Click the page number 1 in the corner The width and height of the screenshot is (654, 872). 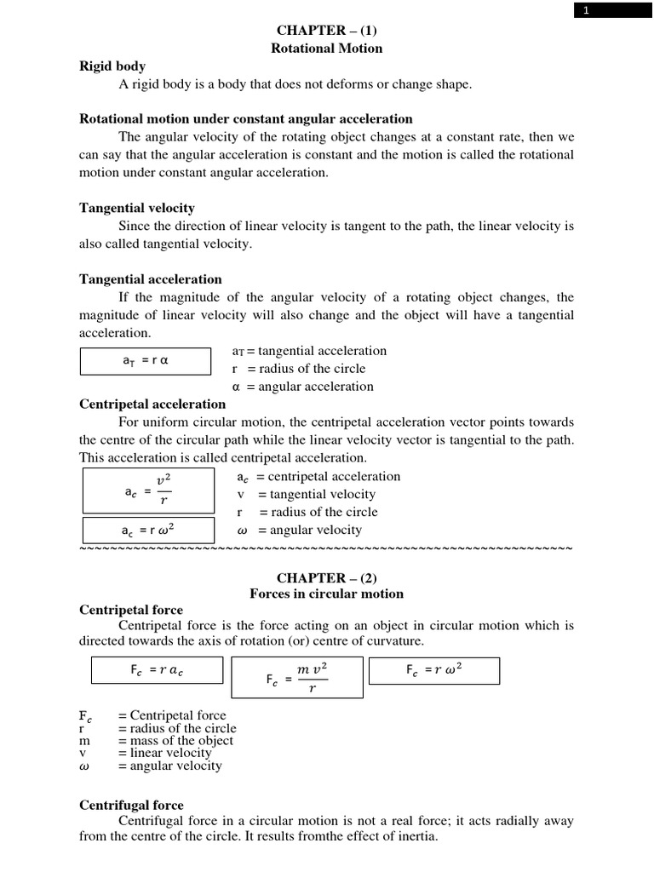click(585, 10)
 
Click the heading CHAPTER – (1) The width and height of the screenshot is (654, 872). click(326, 30)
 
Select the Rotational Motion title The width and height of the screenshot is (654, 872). click(326, 49)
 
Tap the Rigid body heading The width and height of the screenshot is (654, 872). click(112, 66)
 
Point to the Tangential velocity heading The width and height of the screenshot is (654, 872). click(137, 208)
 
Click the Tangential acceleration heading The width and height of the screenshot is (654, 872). click(151, 279)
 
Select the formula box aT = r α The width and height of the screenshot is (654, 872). click(145, 361)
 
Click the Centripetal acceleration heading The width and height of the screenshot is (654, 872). click(152, 404)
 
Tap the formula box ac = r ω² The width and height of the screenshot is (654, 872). click(145, 531)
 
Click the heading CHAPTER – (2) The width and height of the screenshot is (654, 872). click(326, 577)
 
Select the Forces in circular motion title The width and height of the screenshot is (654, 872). click(326, 594)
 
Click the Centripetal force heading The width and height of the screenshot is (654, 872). click(131, 611)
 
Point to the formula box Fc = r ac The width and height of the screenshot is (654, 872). click(158, 670)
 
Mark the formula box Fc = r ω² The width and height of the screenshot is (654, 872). click(434, 670)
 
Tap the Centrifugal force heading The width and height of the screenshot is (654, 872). click(131, 805)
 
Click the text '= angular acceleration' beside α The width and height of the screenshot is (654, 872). click(310, 387)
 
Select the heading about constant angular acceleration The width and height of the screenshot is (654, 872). click(246, 119)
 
